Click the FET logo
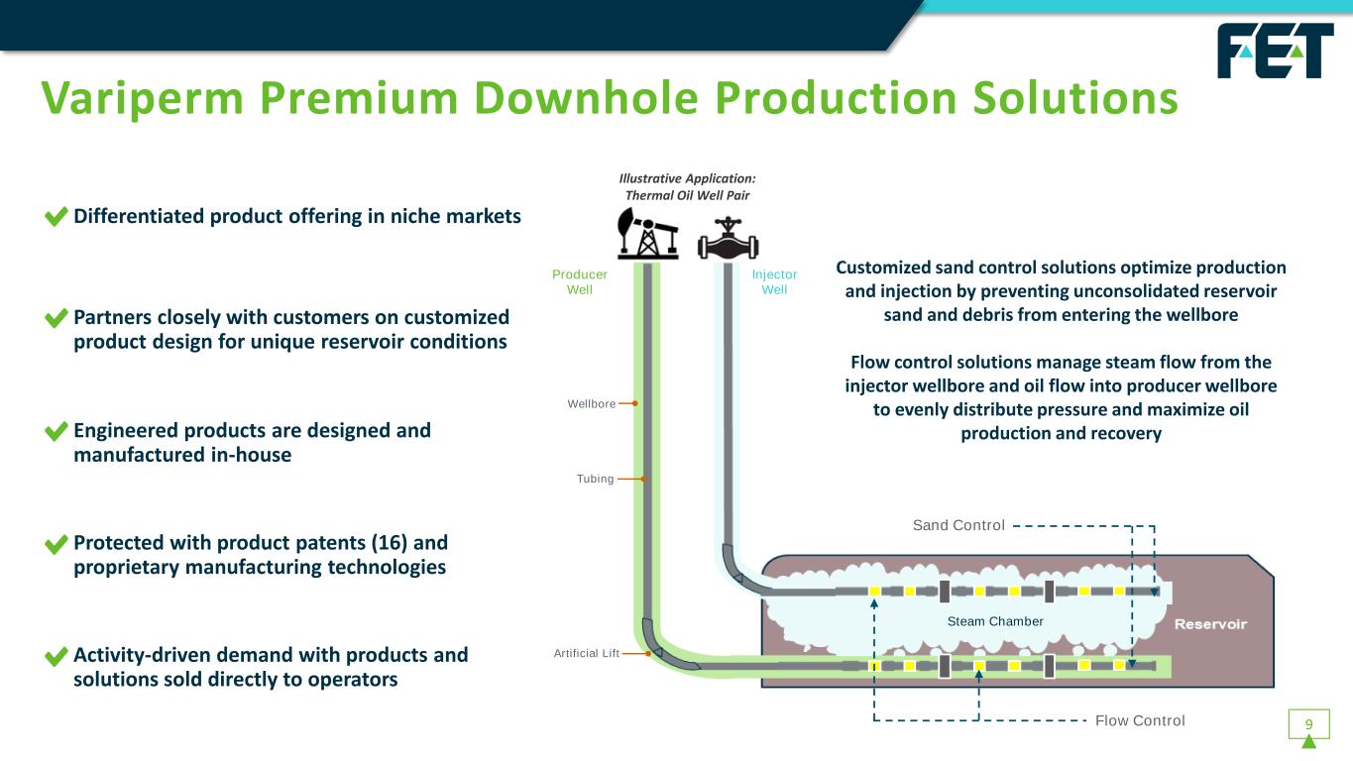click(x=1275, y=51)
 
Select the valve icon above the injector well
click(x=728, y=237)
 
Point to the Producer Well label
click(x=580, y=281)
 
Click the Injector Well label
click(x=774, y=281)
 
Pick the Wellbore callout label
click(x=592, y=404)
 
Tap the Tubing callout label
click(x=595, y=480)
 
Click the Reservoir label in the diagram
click(x=1210, y=624)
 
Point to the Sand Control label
click(x=958, y=525)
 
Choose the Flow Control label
click(x=1140, y=720)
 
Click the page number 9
click(x=1308, y=724)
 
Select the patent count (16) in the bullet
click(x=390, y=543)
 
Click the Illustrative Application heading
click(x=687, y=186)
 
